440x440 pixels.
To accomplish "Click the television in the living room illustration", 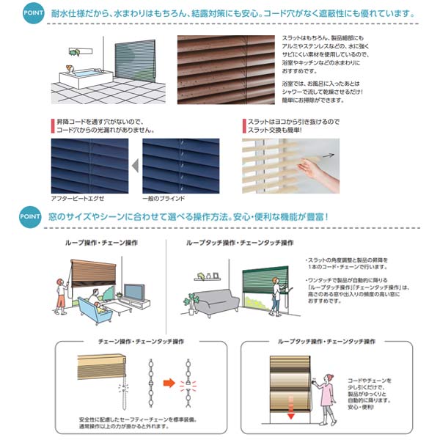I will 136,293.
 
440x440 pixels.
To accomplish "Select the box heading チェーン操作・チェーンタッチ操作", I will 140,341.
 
